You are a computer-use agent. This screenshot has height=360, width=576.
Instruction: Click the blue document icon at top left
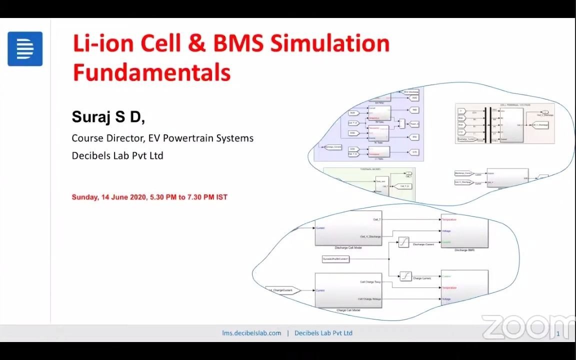tap(25, 49)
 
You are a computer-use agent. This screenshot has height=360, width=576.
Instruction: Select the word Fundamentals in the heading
tap(151, 72)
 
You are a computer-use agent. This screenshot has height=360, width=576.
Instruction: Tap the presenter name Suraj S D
tap(108, 117)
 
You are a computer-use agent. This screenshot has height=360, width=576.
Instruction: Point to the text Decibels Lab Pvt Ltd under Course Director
tap(117, 155)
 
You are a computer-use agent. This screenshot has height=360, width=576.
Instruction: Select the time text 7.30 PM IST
tap(207, 197)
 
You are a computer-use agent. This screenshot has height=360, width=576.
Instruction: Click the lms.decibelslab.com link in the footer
tap(251, 333)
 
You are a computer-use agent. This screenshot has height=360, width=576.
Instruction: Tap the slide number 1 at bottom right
tap(558, 333)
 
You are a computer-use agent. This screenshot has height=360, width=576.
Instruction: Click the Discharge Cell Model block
tap(348, 229)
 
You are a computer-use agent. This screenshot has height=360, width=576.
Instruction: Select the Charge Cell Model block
tap(348, 290)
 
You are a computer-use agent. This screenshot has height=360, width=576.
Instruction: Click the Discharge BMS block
tap(464, 231)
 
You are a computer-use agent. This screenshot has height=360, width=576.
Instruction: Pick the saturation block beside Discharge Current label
tap(403, 242)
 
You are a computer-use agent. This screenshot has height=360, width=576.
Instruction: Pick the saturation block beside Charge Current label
tap(405, 276)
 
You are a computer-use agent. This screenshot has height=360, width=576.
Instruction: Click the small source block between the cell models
tap(335, 259)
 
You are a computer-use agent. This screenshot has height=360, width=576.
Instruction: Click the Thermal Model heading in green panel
tap(370, 169)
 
